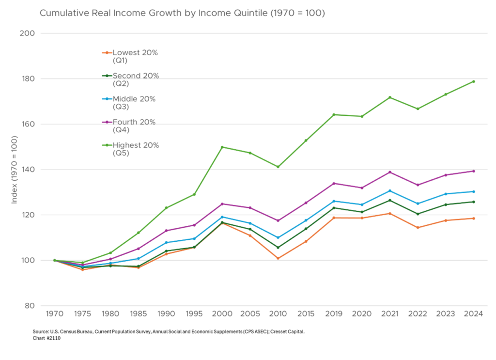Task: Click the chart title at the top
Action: pyautogui.click(x=182, y=13)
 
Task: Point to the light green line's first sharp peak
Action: pyautogui.click(x=222, y=146)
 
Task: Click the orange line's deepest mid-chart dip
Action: pyautogui.click(x=278, y=259)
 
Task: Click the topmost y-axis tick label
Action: pyautogui.click(x=28, y=33)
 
